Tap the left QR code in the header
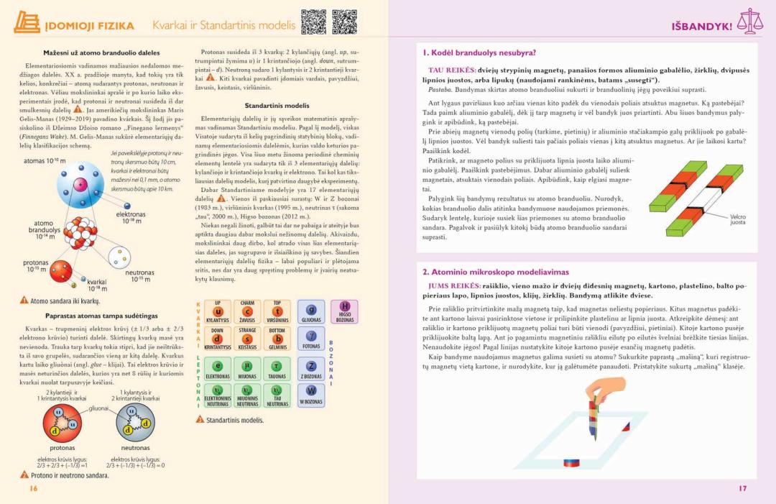pos(313,22)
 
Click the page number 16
pos(33,489)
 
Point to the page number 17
pos(742,489)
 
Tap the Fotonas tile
pos(311,339)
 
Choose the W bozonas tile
pos(311,395)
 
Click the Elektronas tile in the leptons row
pos(218,369)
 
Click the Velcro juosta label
pos(737,219)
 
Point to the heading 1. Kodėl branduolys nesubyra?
pos(479,52)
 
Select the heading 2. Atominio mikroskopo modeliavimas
pos(495,272)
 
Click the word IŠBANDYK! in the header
pos(701,26)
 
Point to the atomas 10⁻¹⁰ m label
pos(45,160)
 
